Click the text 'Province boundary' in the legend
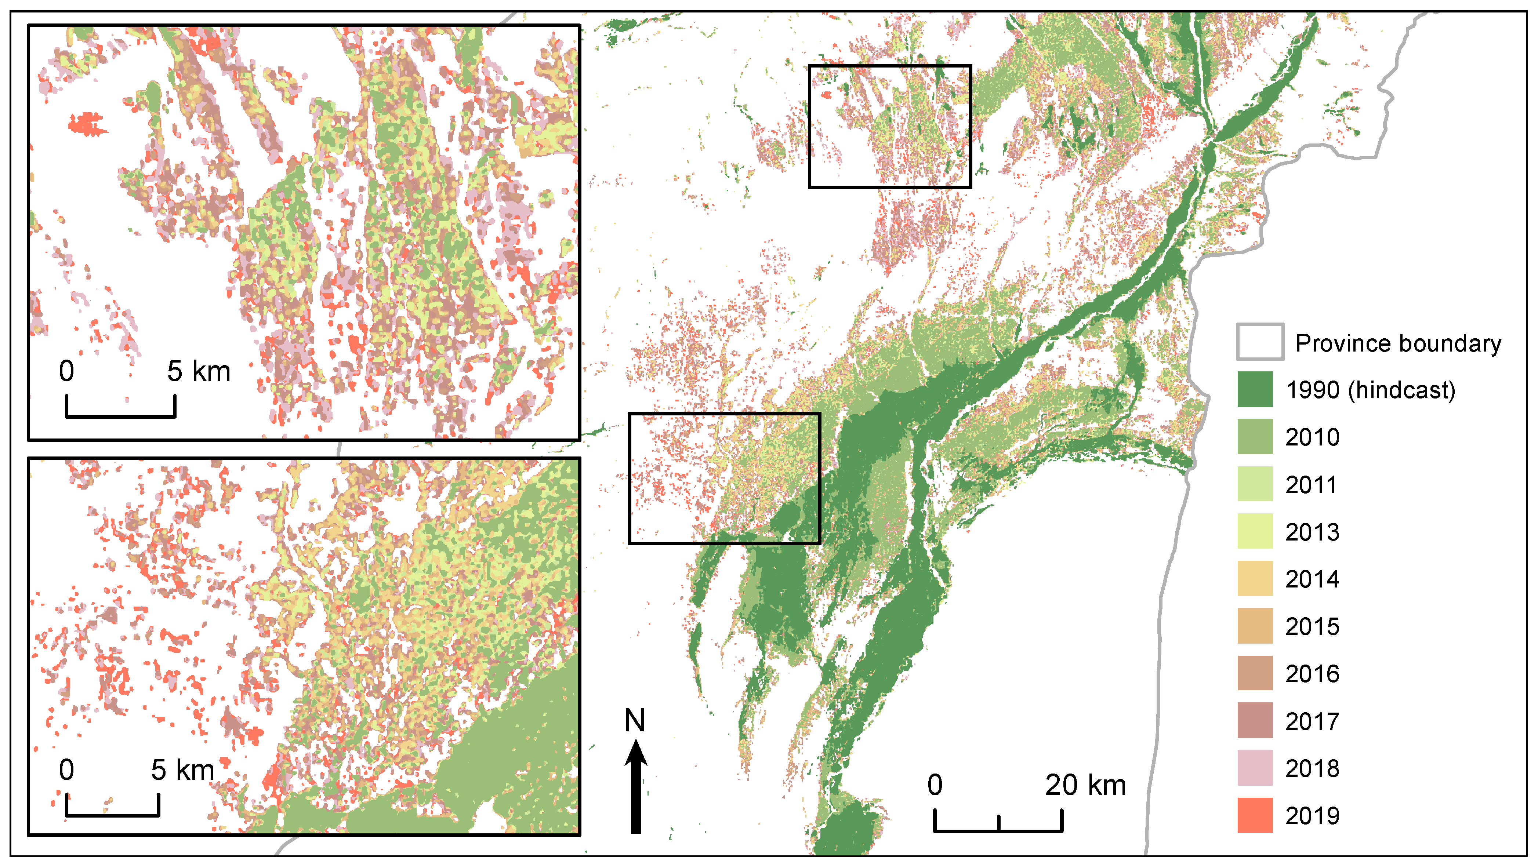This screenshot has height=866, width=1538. click(x=1398, y=344)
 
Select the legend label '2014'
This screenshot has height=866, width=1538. click(x=1312, y=579)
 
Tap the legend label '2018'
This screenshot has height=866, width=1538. click(x=1312, y=769)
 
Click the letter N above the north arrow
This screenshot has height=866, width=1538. click(x=635, y=720)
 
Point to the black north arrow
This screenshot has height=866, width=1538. click(x=636, y=788)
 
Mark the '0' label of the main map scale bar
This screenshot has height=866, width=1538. click(x=935, y=785)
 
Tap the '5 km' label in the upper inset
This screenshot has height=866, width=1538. click(x=198, y=371)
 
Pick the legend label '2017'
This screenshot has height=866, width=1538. click(x=1312, y=721)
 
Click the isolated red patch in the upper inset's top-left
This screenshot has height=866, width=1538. click(x=87, y=124)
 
